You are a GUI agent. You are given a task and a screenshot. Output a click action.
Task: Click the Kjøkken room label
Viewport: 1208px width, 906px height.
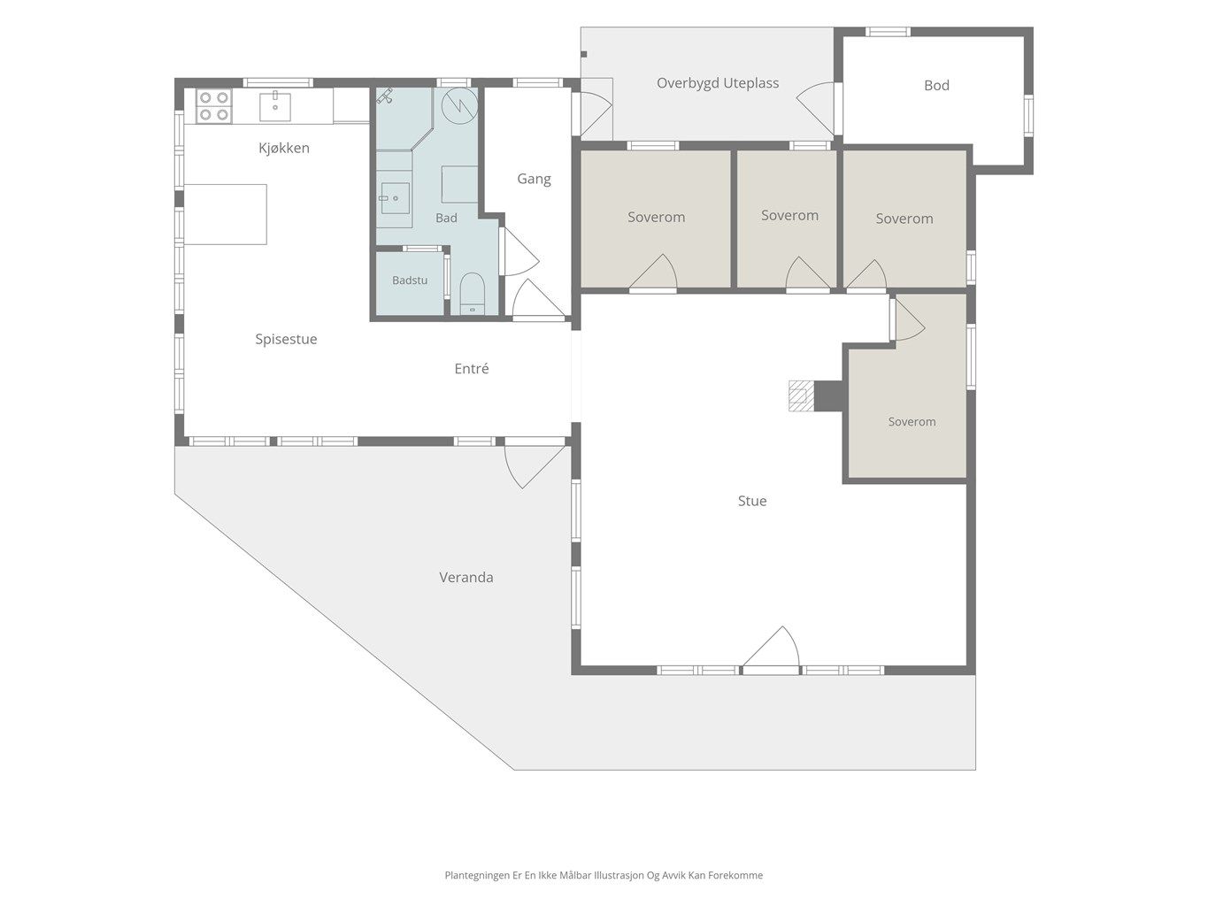[284, 148]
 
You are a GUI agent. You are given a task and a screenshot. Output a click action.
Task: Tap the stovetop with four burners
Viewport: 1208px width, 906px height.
[213, 105]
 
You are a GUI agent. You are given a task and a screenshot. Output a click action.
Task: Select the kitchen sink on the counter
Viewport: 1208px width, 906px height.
[275, 106]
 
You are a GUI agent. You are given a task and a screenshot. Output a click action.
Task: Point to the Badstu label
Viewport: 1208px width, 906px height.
[410, 280]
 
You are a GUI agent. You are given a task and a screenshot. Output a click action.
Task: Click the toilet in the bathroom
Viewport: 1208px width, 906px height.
[472, 294]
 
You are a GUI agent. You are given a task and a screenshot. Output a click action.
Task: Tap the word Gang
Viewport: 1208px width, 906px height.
[534, 180]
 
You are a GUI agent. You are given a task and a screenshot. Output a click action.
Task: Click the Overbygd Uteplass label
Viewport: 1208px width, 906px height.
[718, 84]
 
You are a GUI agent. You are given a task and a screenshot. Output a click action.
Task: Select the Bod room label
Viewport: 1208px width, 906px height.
[936, 85]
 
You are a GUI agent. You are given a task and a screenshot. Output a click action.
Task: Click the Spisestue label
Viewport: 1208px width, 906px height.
[286, 339]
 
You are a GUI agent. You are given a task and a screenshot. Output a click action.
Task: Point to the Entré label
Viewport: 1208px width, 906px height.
[471, 369]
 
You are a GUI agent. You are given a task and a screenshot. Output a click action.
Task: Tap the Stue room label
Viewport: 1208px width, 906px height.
[751, 501]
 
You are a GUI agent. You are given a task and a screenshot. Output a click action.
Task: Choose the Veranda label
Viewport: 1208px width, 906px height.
[466, 578]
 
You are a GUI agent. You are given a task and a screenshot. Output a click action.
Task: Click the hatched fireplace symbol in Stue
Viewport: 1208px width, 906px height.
[801, 395]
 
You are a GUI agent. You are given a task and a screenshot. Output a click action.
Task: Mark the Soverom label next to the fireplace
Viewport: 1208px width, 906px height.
[912, 422]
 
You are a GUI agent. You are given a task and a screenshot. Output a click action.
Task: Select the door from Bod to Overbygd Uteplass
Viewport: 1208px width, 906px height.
[816, 108]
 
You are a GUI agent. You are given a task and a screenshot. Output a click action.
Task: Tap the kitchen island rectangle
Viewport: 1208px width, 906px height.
[226, 214]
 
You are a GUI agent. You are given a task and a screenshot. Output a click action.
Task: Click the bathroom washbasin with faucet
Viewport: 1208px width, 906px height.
[394, 198]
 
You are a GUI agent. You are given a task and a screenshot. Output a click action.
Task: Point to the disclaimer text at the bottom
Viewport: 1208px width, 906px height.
[604, 875]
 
